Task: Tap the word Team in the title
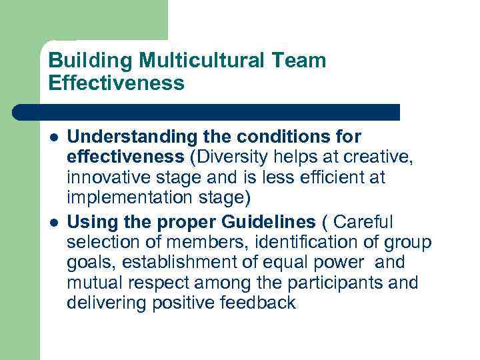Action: coord(302,61)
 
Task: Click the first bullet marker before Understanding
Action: coord(53,137)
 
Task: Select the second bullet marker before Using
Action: coord(53,221)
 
